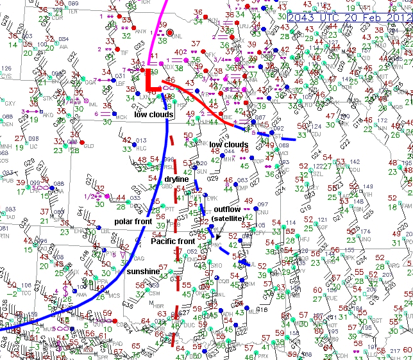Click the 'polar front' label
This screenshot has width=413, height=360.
[133, 221]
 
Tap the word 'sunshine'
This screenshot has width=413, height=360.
[142, 272]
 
